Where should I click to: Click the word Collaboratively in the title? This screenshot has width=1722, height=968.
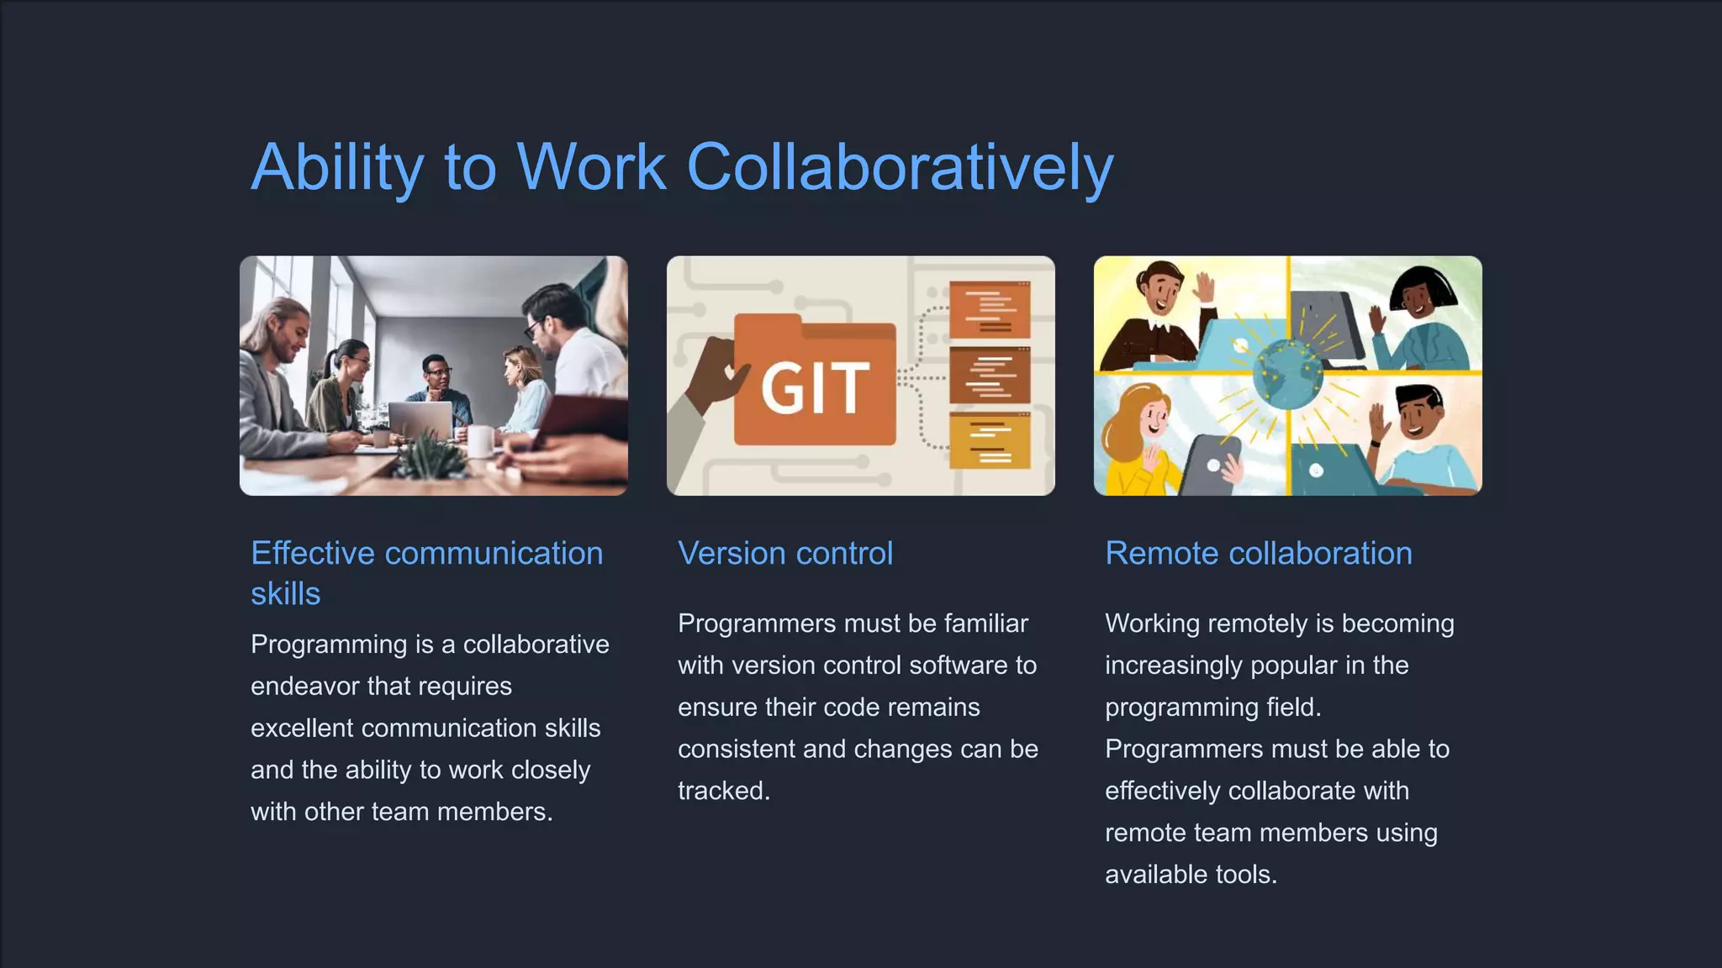coord(900,168)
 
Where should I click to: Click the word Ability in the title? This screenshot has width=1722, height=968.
coord(337,168)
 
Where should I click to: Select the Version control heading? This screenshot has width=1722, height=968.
coord(785,554)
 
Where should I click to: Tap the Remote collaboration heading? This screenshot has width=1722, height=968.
coord(1258,554)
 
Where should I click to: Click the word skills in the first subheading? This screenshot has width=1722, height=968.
coord(285,594)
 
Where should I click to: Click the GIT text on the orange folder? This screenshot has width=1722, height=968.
coord(814,388)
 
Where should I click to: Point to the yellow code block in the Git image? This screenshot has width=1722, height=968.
coord(990,440)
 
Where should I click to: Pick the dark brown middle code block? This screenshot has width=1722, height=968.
coord(990,376)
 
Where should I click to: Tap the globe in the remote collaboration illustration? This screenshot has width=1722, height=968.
coord(1286,376)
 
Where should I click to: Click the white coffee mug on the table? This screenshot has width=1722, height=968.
coord(481,441)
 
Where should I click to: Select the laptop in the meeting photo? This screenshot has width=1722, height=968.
coord(420,420)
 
